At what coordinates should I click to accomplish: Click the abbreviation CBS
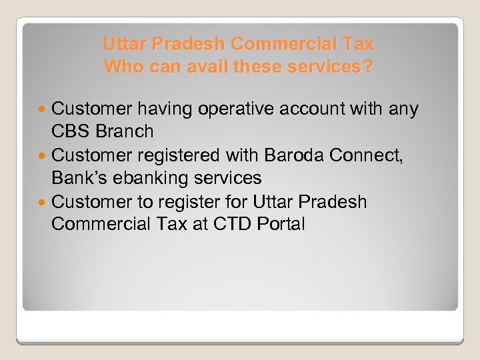[x=71, y=131]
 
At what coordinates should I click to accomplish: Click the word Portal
[x=281, y=225]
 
